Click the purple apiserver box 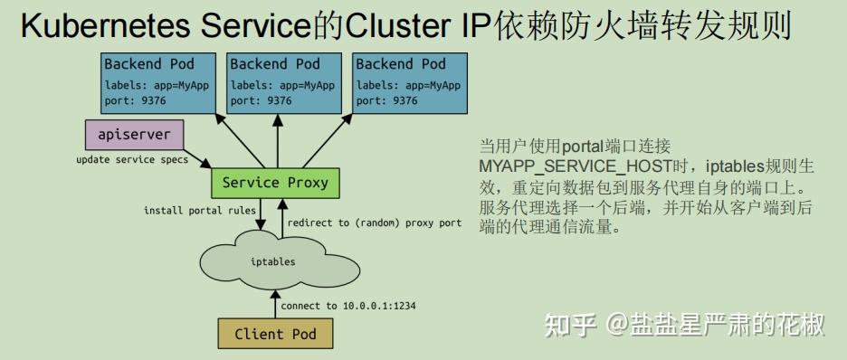click(x=134, y=135)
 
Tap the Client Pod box click(x=275, y=334)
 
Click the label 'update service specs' click(x=132, y=160)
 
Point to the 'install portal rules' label click(x=200, y=211)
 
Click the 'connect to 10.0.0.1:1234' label click(x=347, y=306)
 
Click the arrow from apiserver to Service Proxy click(x=198, y=159)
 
